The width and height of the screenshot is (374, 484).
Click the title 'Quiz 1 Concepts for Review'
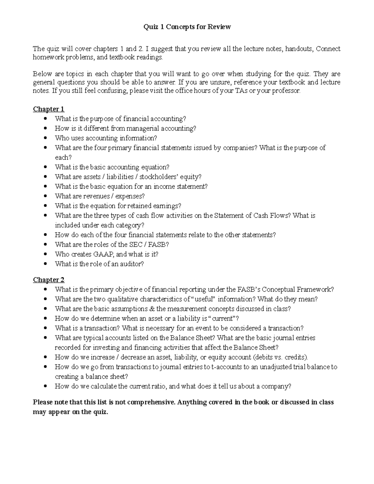[x=187, y=27]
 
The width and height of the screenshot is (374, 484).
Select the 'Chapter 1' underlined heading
[x=49, y=109]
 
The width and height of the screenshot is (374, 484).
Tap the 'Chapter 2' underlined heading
[x=49, y=280]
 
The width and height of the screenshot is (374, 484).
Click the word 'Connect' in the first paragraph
[x=328, y=49]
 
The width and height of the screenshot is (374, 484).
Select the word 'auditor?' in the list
[x=132, y=264]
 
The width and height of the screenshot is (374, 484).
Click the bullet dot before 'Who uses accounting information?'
[x=46, y=138]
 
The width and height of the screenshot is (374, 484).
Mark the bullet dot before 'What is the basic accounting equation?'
[x=46, y=167]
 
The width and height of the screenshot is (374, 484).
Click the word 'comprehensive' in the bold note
[x=151, y=402]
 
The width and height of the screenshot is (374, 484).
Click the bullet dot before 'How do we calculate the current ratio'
[x=46, y=386]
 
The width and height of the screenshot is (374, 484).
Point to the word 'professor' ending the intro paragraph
[x=287, y=91]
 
